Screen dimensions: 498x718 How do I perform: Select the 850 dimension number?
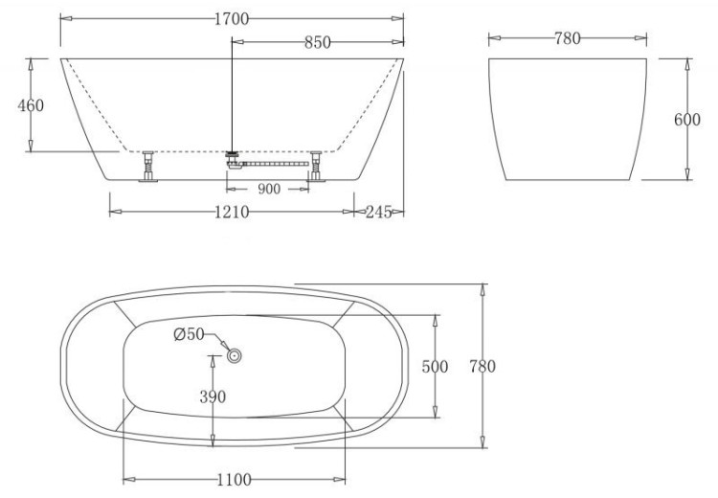[x=317, y=42]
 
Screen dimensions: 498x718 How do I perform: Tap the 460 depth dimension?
[x=31, y=105]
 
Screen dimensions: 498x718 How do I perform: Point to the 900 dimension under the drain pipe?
[x=269, y=189]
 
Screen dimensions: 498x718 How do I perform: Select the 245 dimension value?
[x=379, y=212]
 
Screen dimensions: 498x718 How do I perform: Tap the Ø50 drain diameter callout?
[x=188, y=334]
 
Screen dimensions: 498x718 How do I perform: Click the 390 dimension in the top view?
[x=213, y=397]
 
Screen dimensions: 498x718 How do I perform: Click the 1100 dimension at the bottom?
[x=234, y=479]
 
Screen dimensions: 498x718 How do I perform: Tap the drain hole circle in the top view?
[x=235, y=354]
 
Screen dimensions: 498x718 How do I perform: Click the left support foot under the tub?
[x=149, y=169]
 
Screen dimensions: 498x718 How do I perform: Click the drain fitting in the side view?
[x=232, y=157]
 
